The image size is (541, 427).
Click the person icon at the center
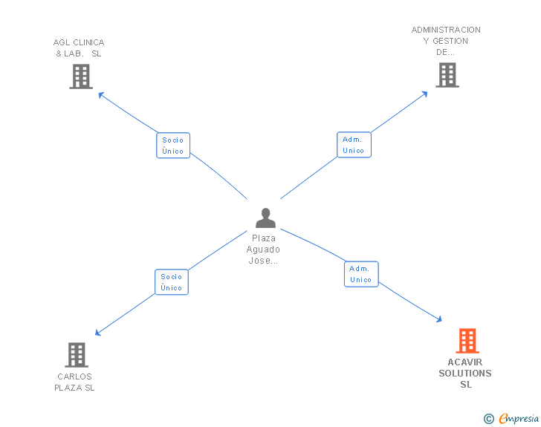pos(265,218)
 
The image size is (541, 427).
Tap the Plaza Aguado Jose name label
pos(264,250)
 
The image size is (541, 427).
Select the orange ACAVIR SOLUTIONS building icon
pos(467,341)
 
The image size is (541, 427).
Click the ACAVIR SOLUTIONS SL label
pos(465,373)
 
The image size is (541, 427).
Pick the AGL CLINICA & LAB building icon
pos(80,76)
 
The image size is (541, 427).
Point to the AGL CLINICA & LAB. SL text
pos(79,48)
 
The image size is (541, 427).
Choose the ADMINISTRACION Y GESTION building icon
pos(447,75)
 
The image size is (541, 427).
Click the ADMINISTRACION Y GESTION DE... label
pos(446,41)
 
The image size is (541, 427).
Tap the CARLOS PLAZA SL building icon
pos(77,355)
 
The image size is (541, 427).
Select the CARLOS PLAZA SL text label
pos(75,382)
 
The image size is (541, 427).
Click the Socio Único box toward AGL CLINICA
pos(173,145)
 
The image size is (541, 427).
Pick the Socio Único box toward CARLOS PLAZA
pos(172,282)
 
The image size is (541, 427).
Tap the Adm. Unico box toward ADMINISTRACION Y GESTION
pos(354,145)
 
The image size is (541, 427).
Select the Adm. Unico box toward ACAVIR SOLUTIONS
pos(361,274)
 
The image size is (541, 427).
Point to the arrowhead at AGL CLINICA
pos(100,94)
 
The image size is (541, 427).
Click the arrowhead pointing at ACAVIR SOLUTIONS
pos(439,319)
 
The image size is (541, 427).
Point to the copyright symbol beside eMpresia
pos(488,420)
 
